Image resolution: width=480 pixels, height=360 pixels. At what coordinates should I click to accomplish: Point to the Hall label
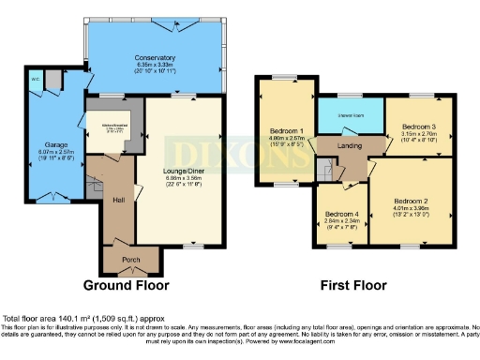point(120,199)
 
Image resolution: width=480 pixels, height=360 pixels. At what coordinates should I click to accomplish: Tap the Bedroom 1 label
point(286,131)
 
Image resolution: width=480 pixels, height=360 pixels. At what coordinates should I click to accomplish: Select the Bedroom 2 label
point(411,202)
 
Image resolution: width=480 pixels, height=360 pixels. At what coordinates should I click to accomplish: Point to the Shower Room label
point(351,117)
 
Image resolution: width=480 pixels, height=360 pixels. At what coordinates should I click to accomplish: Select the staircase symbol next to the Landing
point(323,169)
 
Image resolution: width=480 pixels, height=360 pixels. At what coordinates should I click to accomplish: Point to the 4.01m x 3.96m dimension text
point(411,209)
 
